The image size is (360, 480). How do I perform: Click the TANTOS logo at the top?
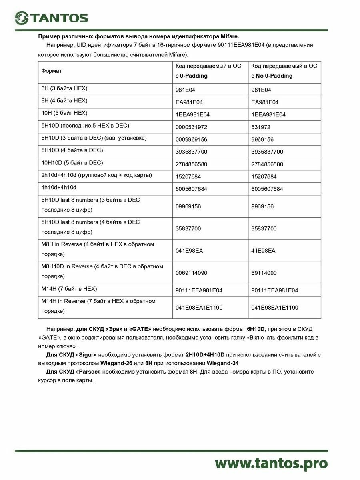click(x=51, y=18)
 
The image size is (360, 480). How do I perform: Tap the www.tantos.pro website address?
click(x=271, y=463)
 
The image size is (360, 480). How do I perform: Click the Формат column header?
click(x=52, y=71)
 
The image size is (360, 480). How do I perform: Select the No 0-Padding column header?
click(x=284, y=71)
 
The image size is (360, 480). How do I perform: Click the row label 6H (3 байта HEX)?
click(x=64, y=88)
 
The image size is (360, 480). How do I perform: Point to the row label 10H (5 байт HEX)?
click(x=64, y=113)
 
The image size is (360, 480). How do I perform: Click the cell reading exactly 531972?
click(x=261, y=127)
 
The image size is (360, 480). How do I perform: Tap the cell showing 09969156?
click(x=188, y=206)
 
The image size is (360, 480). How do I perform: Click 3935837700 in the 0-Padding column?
click(x=192, y=152)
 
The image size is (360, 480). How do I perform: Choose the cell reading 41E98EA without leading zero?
click(x=263, y=251)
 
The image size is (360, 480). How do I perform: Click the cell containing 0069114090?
click(x=192, y=273)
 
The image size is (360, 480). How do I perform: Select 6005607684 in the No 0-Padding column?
click(x=267, y=189)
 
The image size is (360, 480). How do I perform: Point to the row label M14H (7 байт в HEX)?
click(x=69, y=289)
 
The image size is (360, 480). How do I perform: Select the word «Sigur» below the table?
click(x=86, y=355)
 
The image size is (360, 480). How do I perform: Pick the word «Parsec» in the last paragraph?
click(x=88, y=372)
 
